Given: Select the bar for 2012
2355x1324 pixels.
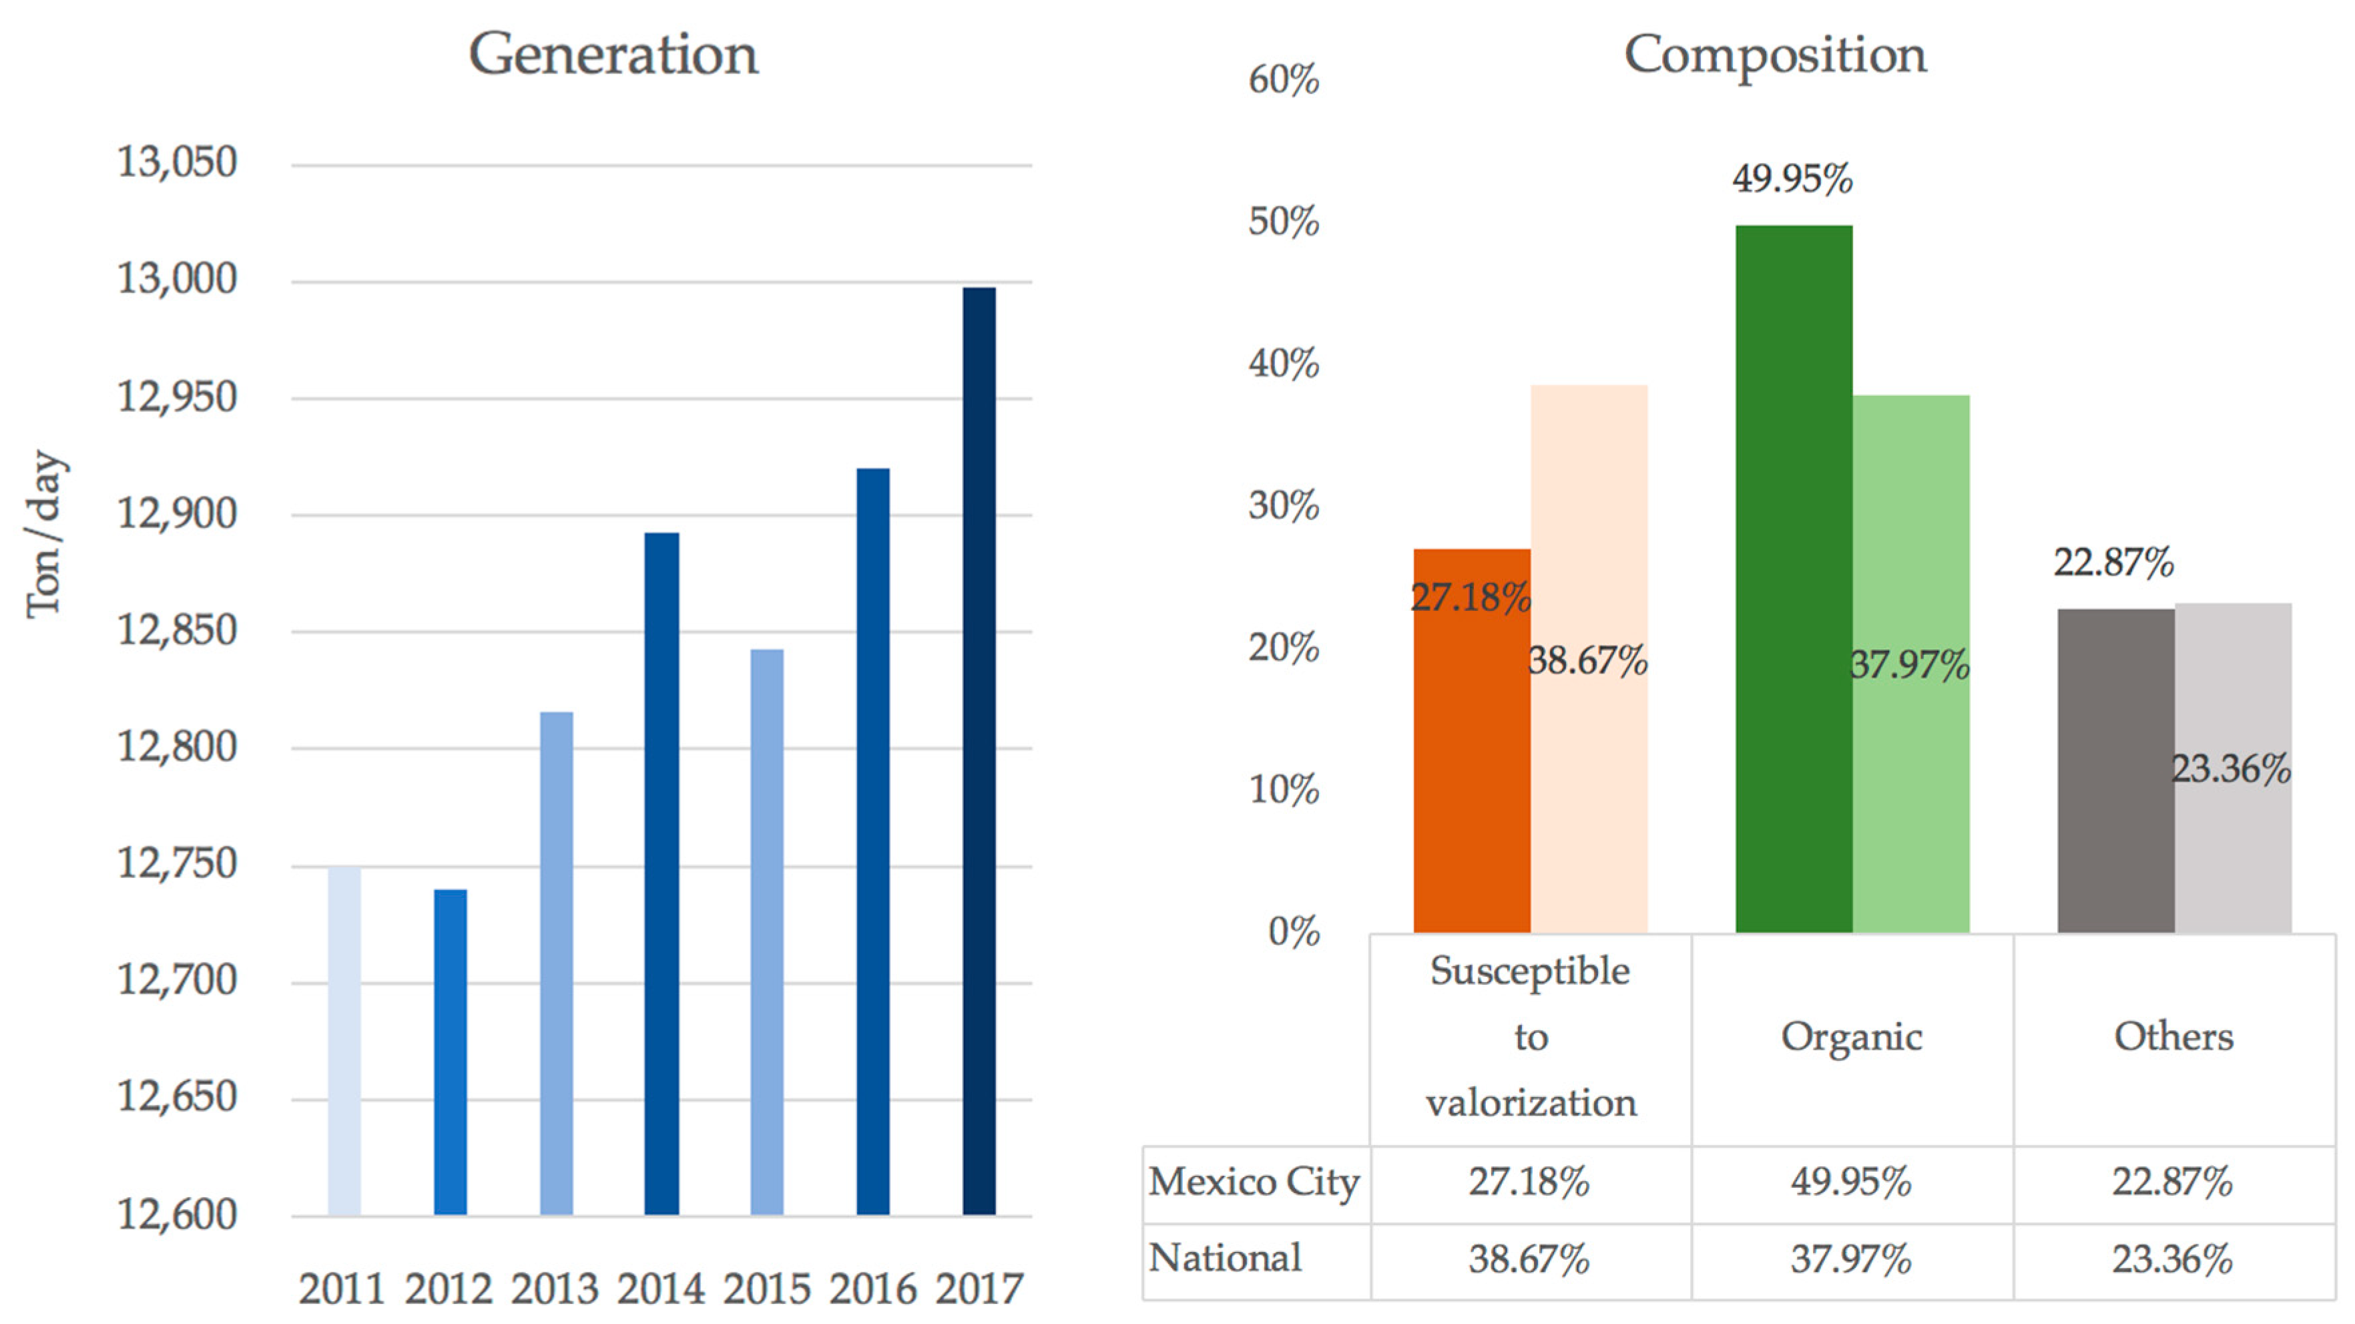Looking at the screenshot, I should click(x=450, y=1052).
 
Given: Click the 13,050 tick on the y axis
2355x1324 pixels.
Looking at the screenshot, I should click(x=176, y=163).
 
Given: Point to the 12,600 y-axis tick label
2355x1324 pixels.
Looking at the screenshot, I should click(x=176, y=1215).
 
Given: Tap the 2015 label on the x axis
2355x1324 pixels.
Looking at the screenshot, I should click(x=766, y=1289).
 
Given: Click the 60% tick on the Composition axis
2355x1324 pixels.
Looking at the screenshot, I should click(x=1283, y=81).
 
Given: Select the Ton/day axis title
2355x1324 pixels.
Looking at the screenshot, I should click(x=44, y=535).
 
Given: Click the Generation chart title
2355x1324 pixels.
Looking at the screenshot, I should click(x=613, y=55).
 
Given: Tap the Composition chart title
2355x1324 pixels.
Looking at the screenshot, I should click(x=1774, y=55).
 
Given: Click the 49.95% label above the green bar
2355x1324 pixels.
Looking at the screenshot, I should click(x=1792, y=178).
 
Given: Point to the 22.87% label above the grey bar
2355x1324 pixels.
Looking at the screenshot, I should click(x=2113, y=562).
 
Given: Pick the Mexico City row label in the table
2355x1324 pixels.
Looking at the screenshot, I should click(x=1254, y=1182).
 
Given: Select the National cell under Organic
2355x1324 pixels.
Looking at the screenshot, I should click(x=1850, y=1260).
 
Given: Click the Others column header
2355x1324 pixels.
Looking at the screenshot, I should click(x=2173, y=1037).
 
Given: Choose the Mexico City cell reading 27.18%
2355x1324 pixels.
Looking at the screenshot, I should click(x=1529, y=1182).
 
